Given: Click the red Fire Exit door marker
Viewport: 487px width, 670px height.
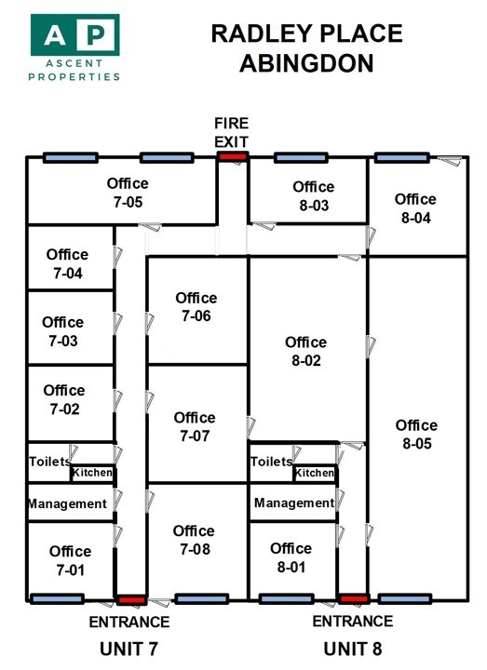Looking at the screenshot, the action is pyautogui.click(x=232, y=156).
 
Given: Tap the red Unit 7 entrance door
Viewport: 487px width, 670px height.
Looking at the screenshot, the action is pyautogui.click(x=131, y=600).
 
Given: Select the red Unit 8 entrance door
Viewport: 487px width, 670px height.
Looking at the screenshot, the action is pyautogui.click(x=354, y=598).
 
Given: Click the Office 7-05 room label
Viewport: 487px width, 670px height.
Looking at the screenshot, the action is pyautogui.click(x=128, y=193).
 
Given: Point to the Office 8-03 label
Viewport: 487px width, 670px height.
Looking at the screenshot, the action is pyautogui.click(x=314, y=196).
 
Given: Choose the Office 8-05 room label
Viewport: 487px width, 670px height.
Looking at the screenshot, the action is pyautogui.click(x=416, y=435).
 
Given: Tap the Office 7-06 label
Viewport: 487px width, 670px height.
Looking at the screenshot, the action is pyautogui.click(x=196, y=307).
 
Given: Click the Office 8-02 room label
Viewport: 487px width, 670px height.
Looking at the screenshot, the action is pyautogui.click(x=306, y=351).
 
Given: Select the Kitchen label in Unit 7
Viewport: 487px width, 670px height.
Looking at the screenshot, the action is pyautogui.click(x=92, y=473).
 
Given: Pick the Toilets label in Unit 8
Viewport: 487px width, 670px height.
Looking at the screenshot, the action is pyautogui.click(x=272, y=462).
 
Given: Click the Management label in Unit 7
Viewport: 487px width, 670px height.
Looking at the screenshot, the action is pyautogui.click(x=67, y=503).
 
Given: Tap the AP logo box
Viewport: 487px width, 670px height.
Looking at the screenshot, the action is pyautogui.click(x=74, y=34).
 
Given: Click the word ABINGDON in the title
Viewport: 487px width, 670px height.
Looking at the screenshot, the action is pyautogui.click(x=306, y=63).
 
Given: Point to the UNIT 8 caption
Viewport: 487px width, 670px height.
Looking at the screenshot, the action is pyautogui.click(x=353, y=650).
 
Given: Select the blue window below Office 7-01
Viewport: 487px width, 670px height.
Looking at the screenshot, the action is pyautogui.click(x=58, y=599).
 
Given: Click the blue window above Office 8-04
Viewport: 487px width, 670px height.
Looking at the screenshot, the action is pyautogui.click(x=402, y=157).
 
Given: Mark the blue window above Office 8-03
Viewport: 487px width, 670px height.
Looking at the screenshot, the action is pyautogui.click(x=301, y=157).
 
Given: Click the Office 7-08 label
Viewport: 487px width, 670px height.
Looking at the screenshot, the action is pyautogui.click(x=194, y=540).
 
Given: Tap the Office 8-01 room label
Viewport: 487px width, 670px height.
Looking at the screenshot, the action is pyautogui.click(x=291, y=557).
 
